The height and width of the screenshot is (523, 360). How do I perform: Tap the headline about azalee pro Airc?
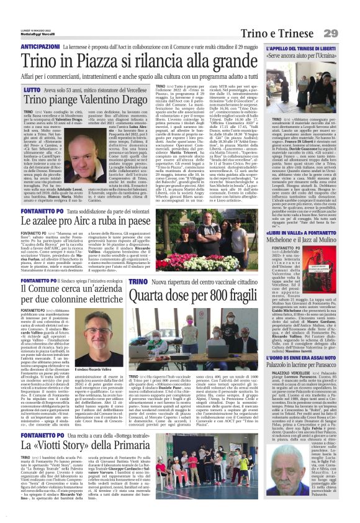tap(92, 220)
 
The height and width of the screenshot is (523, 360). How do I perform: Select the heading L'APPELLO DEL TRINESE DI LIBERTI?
tap(304, 48)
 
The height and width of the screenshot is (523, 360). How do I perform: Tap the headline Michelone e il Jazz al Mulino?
tap(304, 223)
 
